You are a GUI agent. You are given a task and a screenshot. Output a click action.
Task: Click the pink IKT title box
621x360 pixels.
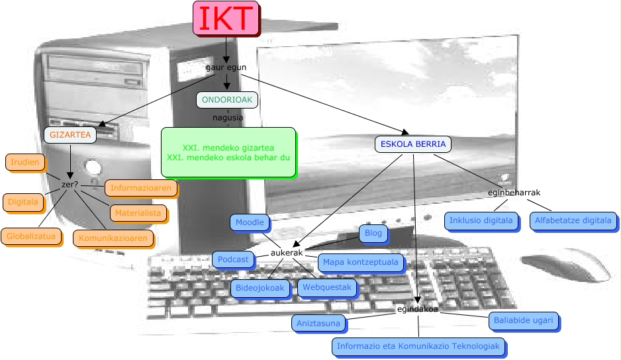[226, 18]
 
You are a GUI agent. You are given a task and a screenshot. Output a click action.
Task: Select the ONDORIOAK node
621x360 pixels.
[226, 99]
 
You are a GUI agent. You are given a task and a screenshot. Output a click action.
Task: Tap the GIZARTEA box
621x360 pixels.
[70, 135]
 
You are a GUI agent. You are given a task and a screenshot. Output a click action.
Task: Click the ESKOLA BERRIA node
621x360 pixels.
[413, 144]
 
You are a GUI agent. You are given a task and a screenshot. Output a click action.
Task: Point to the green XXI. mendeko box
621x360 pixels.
[228, 152]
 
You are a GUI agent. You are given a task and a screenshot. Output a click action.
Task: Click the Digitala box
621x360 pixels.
[23, 201]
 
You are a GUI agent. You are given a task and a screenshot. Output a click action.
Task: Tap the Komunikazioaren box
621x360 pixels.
[113, 238]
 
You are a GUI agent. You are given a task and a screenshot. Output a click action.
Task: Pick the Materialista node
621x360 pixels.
[138, 213]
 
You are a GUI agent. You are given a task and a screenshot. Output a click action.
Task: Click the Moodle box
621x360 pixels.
[250, 222]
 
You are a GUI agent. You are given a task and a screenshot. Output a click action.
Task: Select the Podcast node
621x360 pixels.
[233, 259]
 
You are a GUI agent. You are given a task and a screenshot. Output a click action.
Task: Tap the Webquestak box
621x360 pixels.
[326, 288]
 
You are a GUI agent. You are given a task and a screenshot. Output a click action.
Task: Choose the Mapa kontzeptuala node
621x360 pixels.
[361, 262]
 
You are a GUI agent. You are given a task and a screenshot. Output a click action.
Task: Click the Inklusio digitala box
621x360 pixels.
[481, 220]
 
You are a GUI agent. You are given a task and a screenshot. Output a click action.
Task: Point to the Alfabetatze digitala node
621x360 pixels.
[573, 220]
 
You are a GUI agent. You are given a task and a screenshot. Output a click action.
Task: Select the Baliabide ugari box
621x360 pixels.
[523, 320]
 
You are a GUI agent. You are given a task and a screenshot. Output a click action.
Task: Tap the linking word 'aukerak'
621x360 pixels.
[287, 253]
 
